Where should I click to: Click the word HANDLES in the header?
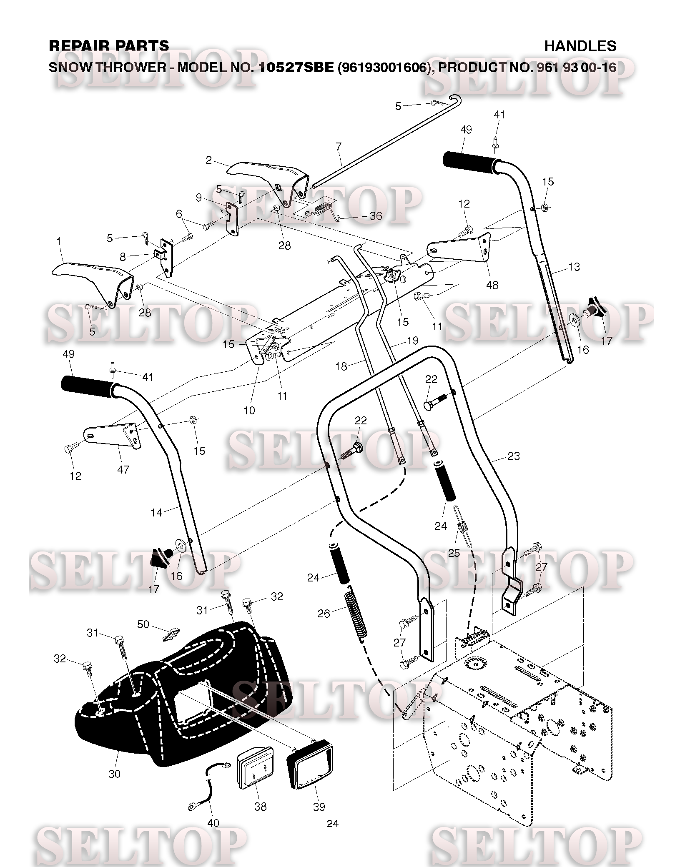580,46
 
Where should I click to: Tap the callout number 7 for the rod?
339,146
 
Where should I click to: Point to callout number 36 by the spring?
376,216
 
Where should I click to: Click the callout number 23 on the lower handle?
514,456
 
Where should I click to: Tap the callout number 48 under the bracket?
492,285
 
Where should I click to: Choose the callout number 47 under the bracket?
123,469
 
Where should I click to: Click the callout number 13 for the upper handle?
574,267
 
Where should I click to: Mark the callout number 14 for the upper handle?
156,512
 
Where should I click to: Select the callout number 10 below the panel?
249,411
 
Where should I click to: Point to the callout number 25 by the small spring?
454,553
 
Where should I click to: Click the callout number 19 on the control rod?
412,341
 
